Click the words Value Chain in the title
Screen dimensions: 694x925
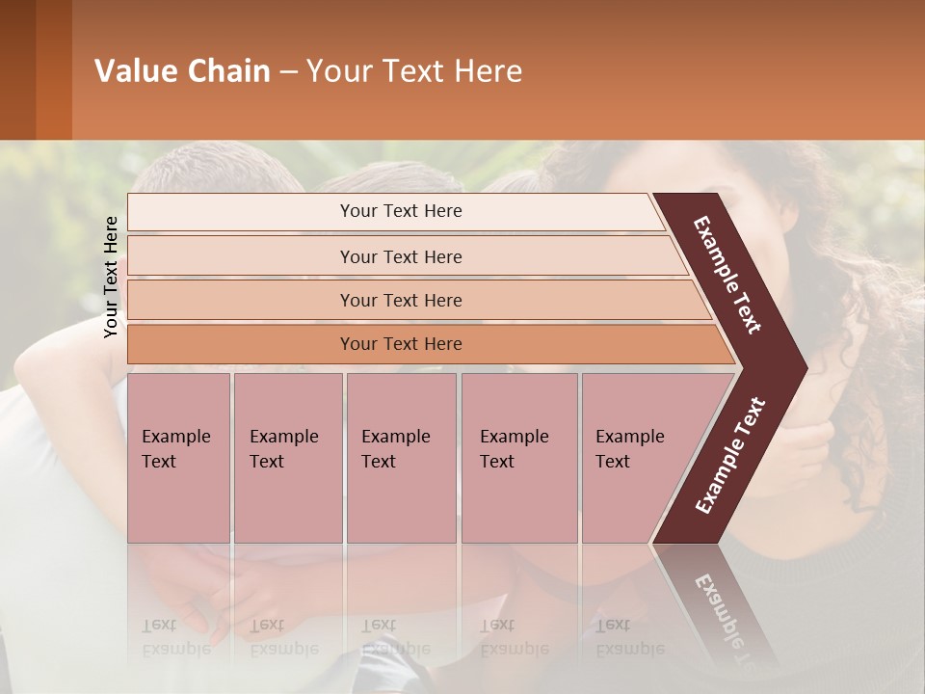pyautogui.click(x=182, y=71)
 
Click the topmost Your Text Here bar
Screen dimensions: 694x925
pyautogui.click(x=400, y=211)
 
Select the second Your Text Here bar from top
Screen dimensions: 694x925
pyautogui.click(x=401, y=256)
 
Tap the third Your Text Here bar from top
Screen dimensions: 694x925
pyautogui.click(x=401, y=300)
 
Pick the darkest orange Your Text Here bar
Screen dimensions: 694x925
pyautogui.click(x=401, y=344)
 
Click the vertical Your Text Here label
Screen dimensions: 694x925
pyautogui.click(x=112, y=277)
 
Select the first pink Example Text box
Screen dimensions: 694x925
pyautogui.click(x=178, y=457)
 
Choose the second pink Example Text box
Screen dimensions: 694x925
pyautogui.click(x=287, y=457)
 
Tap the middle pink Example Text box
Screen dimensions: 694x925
pyautogui.click(x=401, y=457)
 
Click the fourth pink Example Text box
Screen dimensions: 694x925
pyautogui.click(x=518, y=457)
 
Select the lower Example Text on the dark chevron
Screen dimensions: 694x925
pyautogui.click(x=730, y=456)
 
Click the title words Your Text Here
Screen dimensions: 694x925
pyautogui.click(x=414, y=71)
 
